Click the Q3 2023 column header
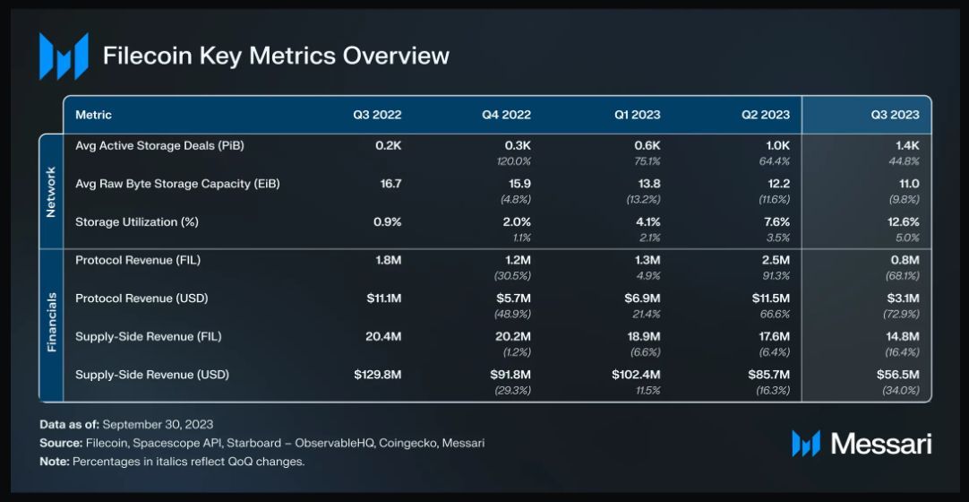pyautogui.click(x=895, y=115)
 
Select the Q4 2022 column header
pyautogui.click(x=506, y=115)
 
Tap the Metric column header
pyautogui.click(x=93, y=115)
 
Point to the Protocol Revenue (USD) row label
pyautogui.click(x=141, y=298)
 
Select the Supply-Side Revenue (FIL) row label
pyautogui.click(x=148, y=336)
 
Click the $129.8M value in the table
pyautogui.click(x=377, y=375)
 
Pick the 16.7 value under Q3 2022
pyautogui.click(x=390, y=183)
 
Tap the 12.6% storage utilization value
pyautogui.click(x=902, y=221)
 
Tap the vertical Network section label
pyautogui.click(x=51, y=191)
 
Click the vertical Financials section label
pyautogui.click(x=51, y=323)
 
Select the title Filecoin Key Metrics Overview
pyautogui.click(x=276, y=56)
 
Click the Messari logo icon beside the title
pyautogui.click(x=64, y=56)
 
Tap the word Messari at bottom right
pyautogui.click(x=881, y=443)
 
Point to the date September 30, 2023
pyautogui.click(x=159, y=424)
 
